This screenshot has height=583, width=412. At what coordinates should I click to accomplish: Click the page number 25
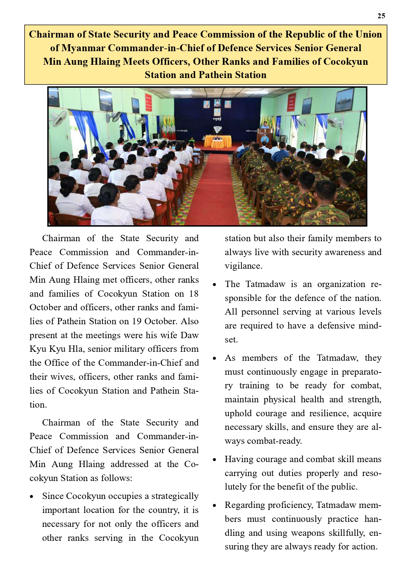coord(381,16)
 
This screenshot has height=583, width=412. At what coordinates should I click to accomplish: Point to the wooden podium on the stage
coord(265,136)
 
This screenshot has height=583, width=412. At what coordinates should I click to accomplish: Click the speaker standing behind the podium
coord(265,126)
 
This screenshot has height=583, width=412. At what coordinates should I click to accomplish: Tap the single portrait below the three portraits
coord(217,112)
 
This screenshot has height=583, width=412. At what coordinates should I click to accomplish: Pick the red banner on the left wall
coord(148,103)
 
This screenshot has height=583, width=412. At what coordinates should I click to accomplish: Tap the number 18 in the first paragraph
coord(194,294)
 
